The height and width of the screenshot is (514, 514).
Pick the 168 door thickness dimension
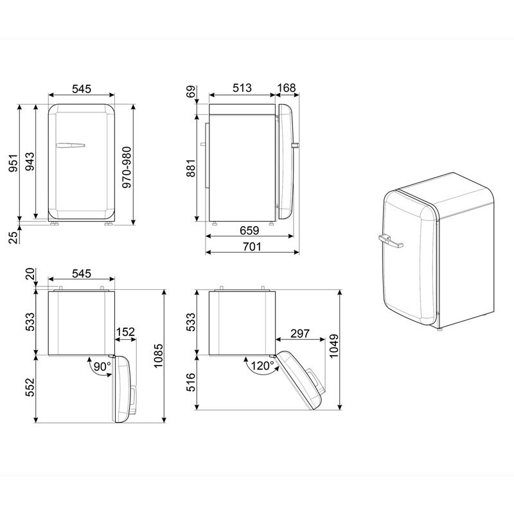(288, 88)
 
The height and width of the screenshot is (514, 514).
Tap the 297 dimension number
(300, 333)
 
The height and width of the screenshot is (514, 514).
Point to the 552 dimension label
(30, 389)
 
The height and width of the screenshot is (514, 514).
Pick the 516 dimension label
(191, 382)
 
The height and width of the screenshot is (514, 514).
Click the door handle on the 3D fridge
(390, 242)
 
